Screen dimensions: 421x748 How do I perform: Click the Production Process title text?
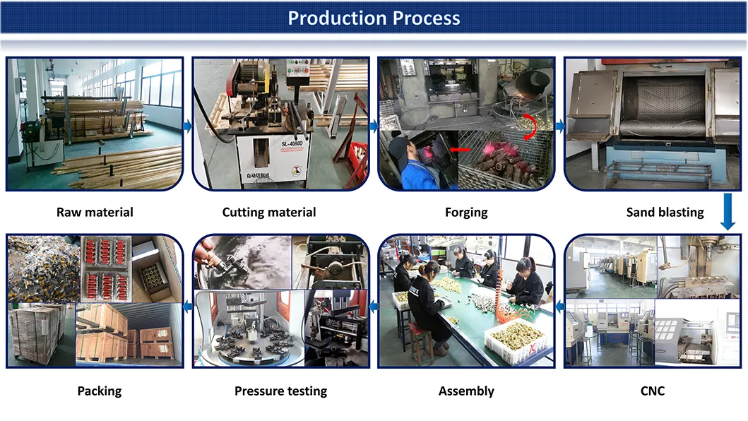pyautogui.click(x=374, y=18)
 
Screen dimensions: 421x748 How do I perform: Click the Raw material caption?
pyautogui.click(x=95, y=212)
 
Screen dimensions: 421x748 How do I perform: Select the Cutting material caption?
pyautogui.click(x=269, y=212)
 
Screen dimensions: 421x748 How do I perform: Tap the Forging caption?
pyautogui.click(x=466, y=212)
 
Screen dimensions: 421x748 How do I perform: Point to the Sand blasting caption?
pyautogui.click(x=665, y=212)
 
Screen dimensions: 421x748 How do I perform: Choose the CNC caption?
pyautogui.click(x=653, y=391)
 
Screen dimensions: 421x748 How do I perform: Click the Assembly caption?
pyautogui.click(x=466, y=391)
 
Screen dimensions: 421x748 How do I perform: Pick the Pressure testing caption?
pyautogui.click(x=280, y=391)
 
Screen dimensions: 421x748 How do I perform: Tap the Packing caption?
pyautogui.click(x=100, y=391)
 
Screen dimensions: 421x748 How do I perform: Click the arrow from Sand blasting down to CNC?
pyautogui.click(x=729, y=213)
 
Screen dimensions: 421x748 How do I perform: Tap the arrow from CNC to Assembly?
pyautogui.click(x=559, y=306)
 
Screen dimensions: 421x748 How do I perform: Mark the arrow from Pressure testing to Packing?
pyautogui.click(x=188, y=306)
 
